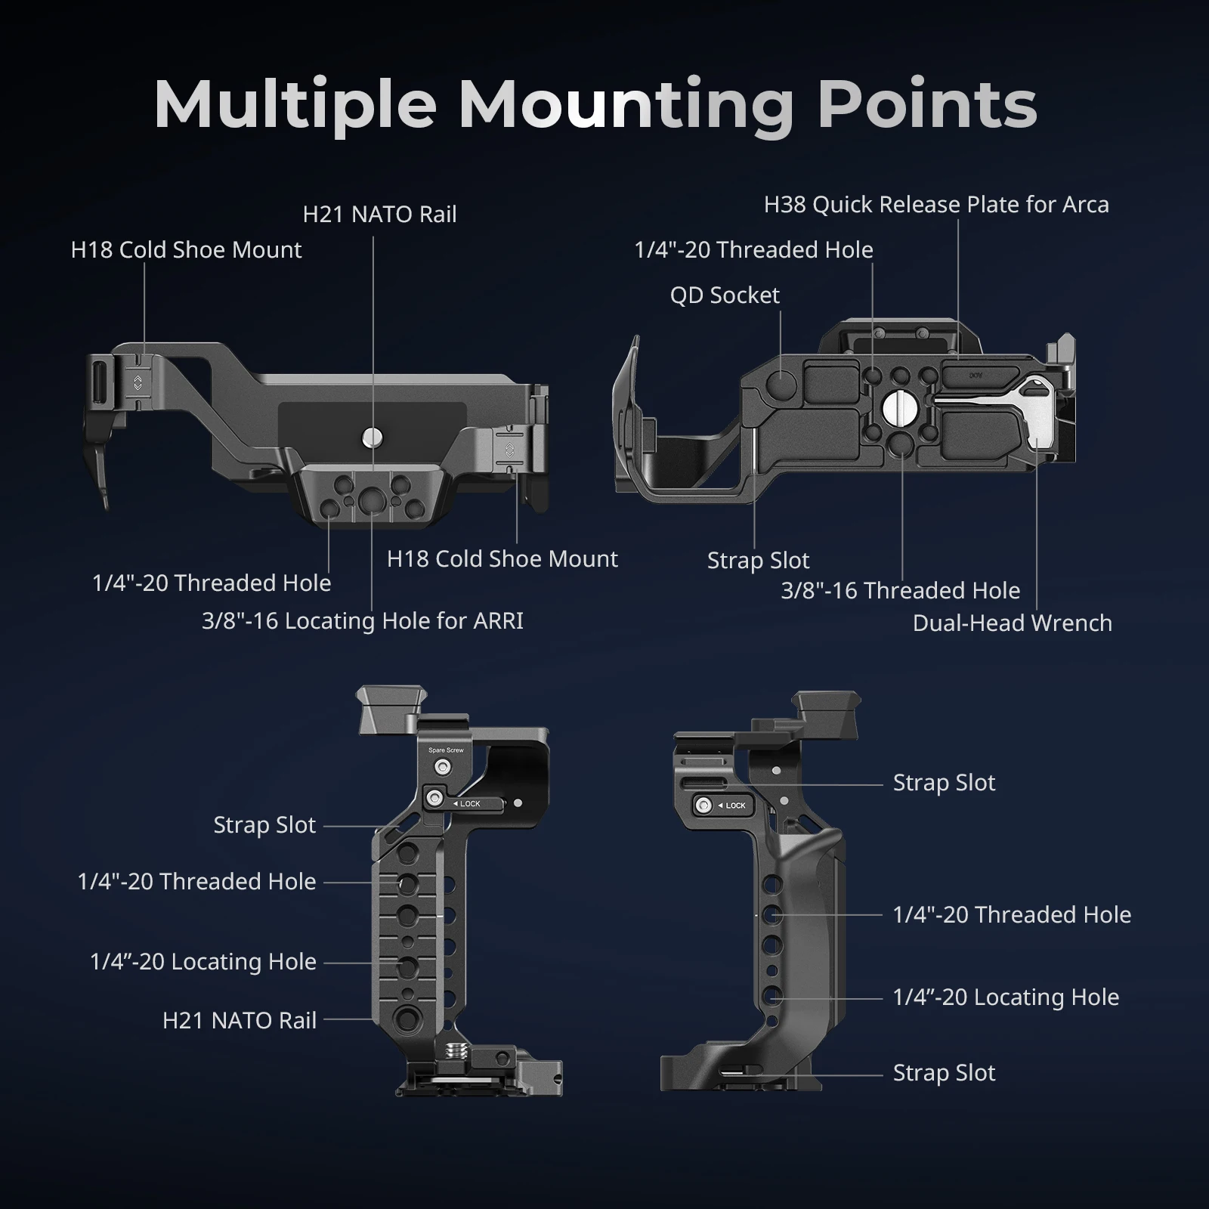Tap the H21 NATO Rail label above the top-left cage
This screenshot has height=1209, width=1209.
pos(379,215)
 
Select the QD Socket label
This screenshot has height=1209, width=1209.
pos(724,295)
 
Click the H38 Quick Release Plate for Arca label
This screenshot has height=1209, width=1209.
pos(935,205)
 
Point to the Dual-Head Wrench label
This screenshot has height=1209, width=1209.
pos(1012,623)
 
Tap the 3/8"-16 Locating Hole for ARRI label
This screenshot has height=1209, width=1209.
pos(362,621)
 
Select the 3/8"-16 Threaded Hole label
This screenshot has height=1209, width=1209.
pos(900,591)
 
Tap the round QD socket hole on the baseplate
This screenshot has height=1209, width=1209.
pos(781,384)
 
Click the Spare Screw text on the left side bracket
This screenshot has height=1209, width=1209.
pos(446,750)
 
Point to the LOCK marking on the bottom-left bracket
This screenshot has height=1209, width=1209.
pos(469,804)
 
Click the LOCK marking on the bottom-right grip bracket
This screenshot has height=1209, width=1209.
pos(734,805)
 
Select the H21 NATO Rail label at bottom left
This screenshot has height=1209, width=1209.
pos(239,1021)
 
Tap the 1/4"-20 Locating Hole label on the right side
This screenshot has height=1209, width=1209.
pos(1005,997)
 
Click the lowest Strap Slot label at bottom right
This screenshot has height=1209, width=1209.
pos(944,1073)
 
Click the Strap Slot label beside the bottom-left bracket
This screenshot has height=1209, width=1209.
pos(264,825)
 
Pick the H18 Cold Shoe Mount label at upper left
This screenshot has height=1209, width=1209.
pos(186,250)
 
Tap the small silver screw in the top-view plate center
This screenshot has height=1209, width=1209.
pos(371,436)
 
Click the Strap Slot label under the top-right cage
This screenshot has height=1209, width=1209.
pos(758,561)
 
